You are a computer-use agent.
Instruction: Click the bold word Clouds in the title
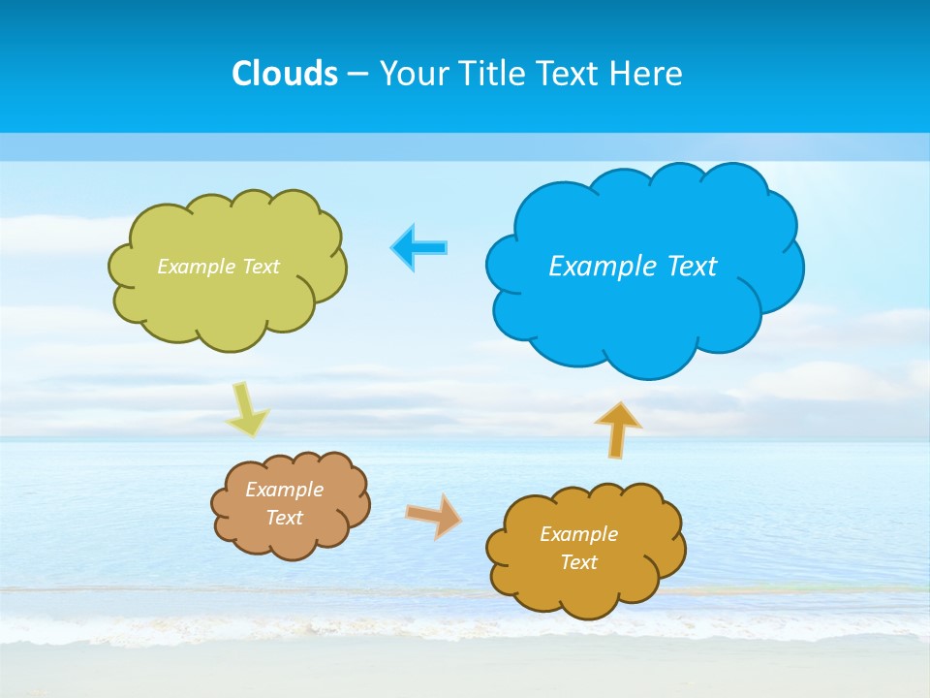(x=285, y=74)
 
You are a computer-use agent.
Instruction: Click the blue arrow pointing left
(x=419, y=247)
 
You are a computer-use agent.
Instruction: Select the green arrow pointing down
(x=247, y=409)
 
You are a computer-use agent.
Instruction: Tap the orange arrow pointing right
(x=433, y=515)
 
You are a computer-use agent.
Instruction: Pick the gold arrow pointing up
(x=618, y=428)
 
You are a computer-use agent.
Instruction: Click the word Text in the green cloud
(x=260, y=267)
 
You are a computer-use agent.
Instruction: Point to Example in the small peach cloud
(x=284, y=490)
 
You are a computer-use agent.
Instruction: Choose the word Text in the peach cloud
(x=284, y=518)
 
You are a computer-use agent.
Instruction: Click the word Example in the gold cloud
(x=578, y=534)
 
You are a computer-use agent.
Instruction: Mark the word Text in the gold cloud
(x=578, y=562)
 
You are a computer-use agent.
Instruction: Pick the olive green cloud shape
(x=228, y=310)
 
